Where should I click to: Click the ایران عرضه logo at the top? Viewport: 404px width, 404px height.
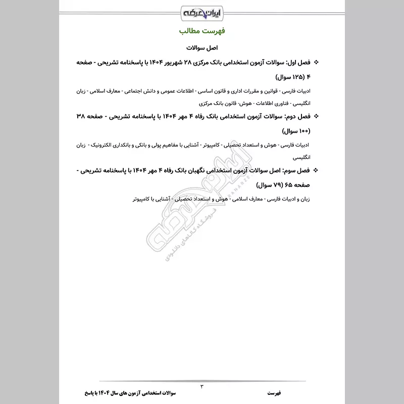click(202, 11)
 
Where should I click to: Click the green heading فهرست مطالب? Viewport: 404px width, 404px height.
click(202, 31)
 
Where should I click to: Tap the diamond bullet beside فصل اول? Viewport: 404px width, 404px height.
click(317, 63)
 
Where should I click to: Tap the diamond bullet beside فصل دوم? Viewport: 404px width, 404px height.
click(317, 116)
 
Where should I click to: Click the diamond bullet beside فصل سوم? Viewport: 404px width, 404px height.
click(317, 170)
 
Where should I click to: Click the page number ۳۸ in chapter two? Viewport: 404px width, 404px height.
click(80, 116)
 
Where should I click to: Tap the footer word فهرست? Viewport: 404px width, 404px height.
click(277, 392)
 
